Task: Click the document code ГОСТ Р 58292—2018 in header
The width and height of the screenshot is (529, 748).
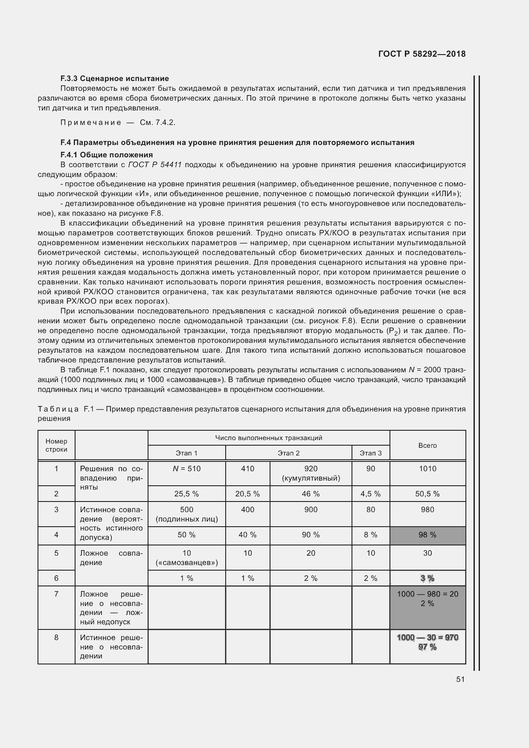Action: (421, 54)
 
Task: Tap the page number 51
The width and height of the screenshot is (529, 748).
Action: (460, 679)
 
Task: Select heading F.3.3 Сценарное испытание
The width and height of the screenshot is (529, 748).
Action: (114, 78)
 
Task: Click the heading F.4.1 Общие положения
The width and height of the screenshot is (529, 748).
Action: (107, 155)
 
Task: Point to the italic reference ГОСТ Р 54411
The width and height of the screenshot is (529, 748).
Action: (154, 165)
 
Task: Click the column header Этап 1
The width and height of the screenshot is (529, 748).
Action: (186, 453)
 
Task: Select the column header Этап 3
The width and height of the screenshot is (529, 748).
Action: (370, 453)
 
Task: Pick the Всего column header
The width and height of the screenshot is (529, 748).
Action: (427, 445)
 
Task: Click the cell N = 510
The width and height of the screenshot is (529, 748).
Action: (186, 469)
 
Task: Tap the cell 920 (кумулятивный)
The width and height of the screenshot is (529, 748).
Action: (311, 473)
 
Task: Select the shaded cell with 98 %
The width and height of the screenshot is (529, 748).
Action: (427, 535)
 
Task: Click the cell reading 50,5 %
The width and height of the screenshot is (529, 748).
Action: (427, 494)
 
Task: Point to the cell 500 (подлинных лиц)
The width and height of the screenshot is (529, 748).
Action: (186, 514)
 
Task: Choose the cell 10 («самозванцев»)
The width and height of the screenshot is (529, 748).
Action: (186, 558)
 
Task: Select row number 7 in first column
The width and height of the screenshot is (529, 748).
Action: (56, 594)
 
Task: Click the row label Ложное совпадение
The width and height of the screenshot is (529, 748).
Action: (111, 558)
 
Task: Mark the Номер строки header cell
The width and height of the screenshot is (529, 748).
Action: (56, 445)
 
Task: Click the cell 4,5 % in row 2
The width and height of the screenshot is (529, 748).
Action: (370, 494)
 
